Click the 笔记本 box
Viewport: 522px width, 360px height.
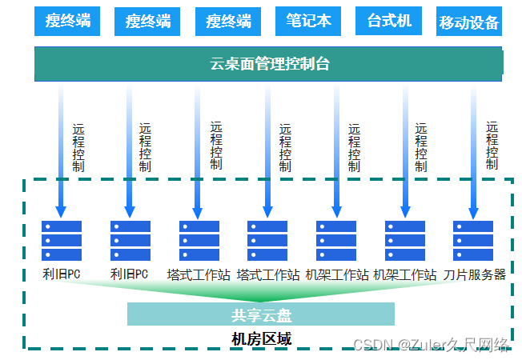(308, 21)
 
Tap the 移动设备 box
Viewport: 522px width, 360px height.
(469, 22)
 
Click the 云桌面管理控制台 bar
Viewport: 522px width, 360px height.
(269, 64)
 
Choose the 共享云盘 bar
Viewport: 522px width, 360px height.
(261, 314)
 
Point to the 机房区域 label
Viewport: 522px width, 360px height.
(261, 338)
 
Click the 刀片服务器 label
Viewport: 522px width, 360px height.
(475, 274)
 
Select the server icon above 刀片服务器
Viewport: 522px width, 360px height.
(473, 241)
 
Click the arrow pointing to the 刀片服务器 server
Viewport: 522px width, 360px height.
(473, 152)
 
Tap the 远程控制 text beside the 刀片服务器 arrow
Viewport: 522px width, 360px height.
(492, 146)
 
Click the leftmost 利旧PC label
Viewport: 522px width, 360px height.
(62, 274)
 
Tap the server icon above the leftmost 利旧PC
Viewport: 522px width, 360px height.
(62, 241)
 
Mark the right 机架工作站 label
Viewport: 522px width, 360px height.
(405, 274)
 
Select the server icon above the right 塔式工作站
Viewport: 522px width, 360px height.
(267, 241)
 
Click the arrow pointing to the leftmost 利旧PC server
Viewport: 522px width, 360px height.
(61, 152)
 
